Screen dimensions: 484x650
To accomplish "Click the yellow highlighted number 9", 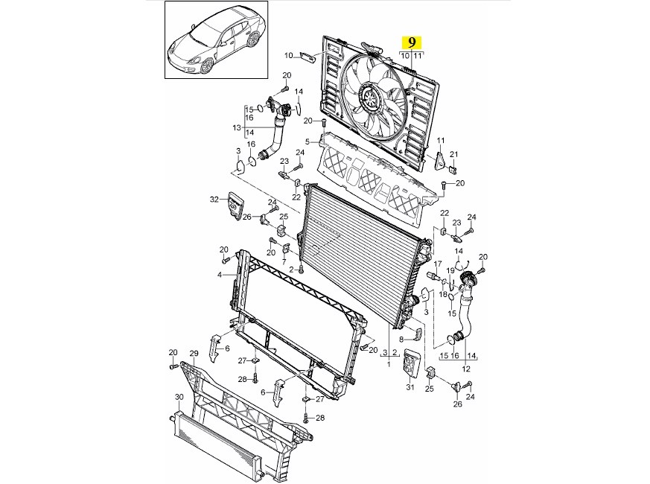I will [x=412, y=42].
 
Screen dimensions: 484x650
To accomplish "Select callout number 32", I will [x=214, y=199].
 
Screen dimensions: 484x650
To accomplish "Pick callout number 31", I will [x=410, y=386].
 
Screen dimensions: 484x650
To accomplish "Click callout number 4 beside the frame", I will [x=220, y=275].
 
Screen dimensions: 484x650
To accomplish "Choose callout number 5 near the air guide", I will [x=308, y=141].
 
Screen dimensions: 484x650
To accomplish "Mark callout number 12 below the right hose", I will [x=467, y=369].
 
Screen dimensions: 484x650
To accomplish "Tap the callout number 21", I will [x=453, y=154].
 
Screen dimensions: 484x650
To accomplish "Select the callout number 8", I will [x=401, y=339].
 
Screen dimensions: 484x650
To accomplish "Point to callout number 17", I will [x=439, y=264].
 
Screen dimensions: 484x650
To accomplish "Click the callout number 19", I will [x=450, y=270].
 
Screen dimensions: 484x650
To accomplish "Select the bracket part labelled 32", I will [x=237, y=205].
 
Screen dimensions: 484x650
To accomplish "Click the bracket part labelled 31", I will [x=410, y=365].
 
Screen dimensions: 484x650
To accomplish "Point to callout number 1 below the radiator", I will [x=388, y=363].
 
